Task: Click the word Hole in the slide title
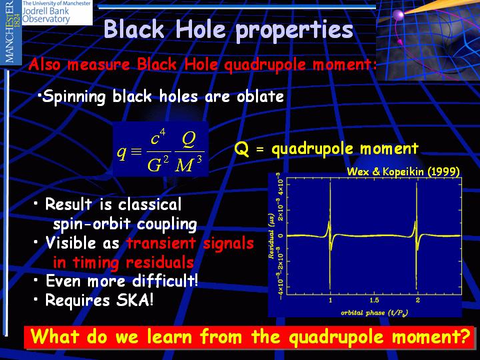pos(201,30)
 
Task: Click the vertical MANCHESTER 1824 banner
pos(11,32)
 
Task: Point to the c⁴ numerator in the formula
pos(158,137)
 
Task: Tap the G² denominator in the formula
pos(158,165)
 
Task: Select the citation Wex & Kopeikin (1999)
pos(403,171)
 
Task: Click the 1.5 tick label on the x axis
pos(374,300)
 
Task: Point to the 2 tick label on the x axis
pos(417,300)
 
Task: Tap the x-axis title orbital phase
pos(375,313)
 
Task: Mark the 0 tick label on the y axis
pos(281,236)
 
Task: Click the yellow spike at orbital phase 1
pos(330,236)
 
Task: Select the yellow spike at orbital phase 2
pos(416,236)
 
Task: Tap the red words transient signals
pos(190,243)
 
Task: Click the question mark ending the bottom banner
pos(465,336)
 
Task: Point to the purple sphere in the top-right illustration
pos(398,15)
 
